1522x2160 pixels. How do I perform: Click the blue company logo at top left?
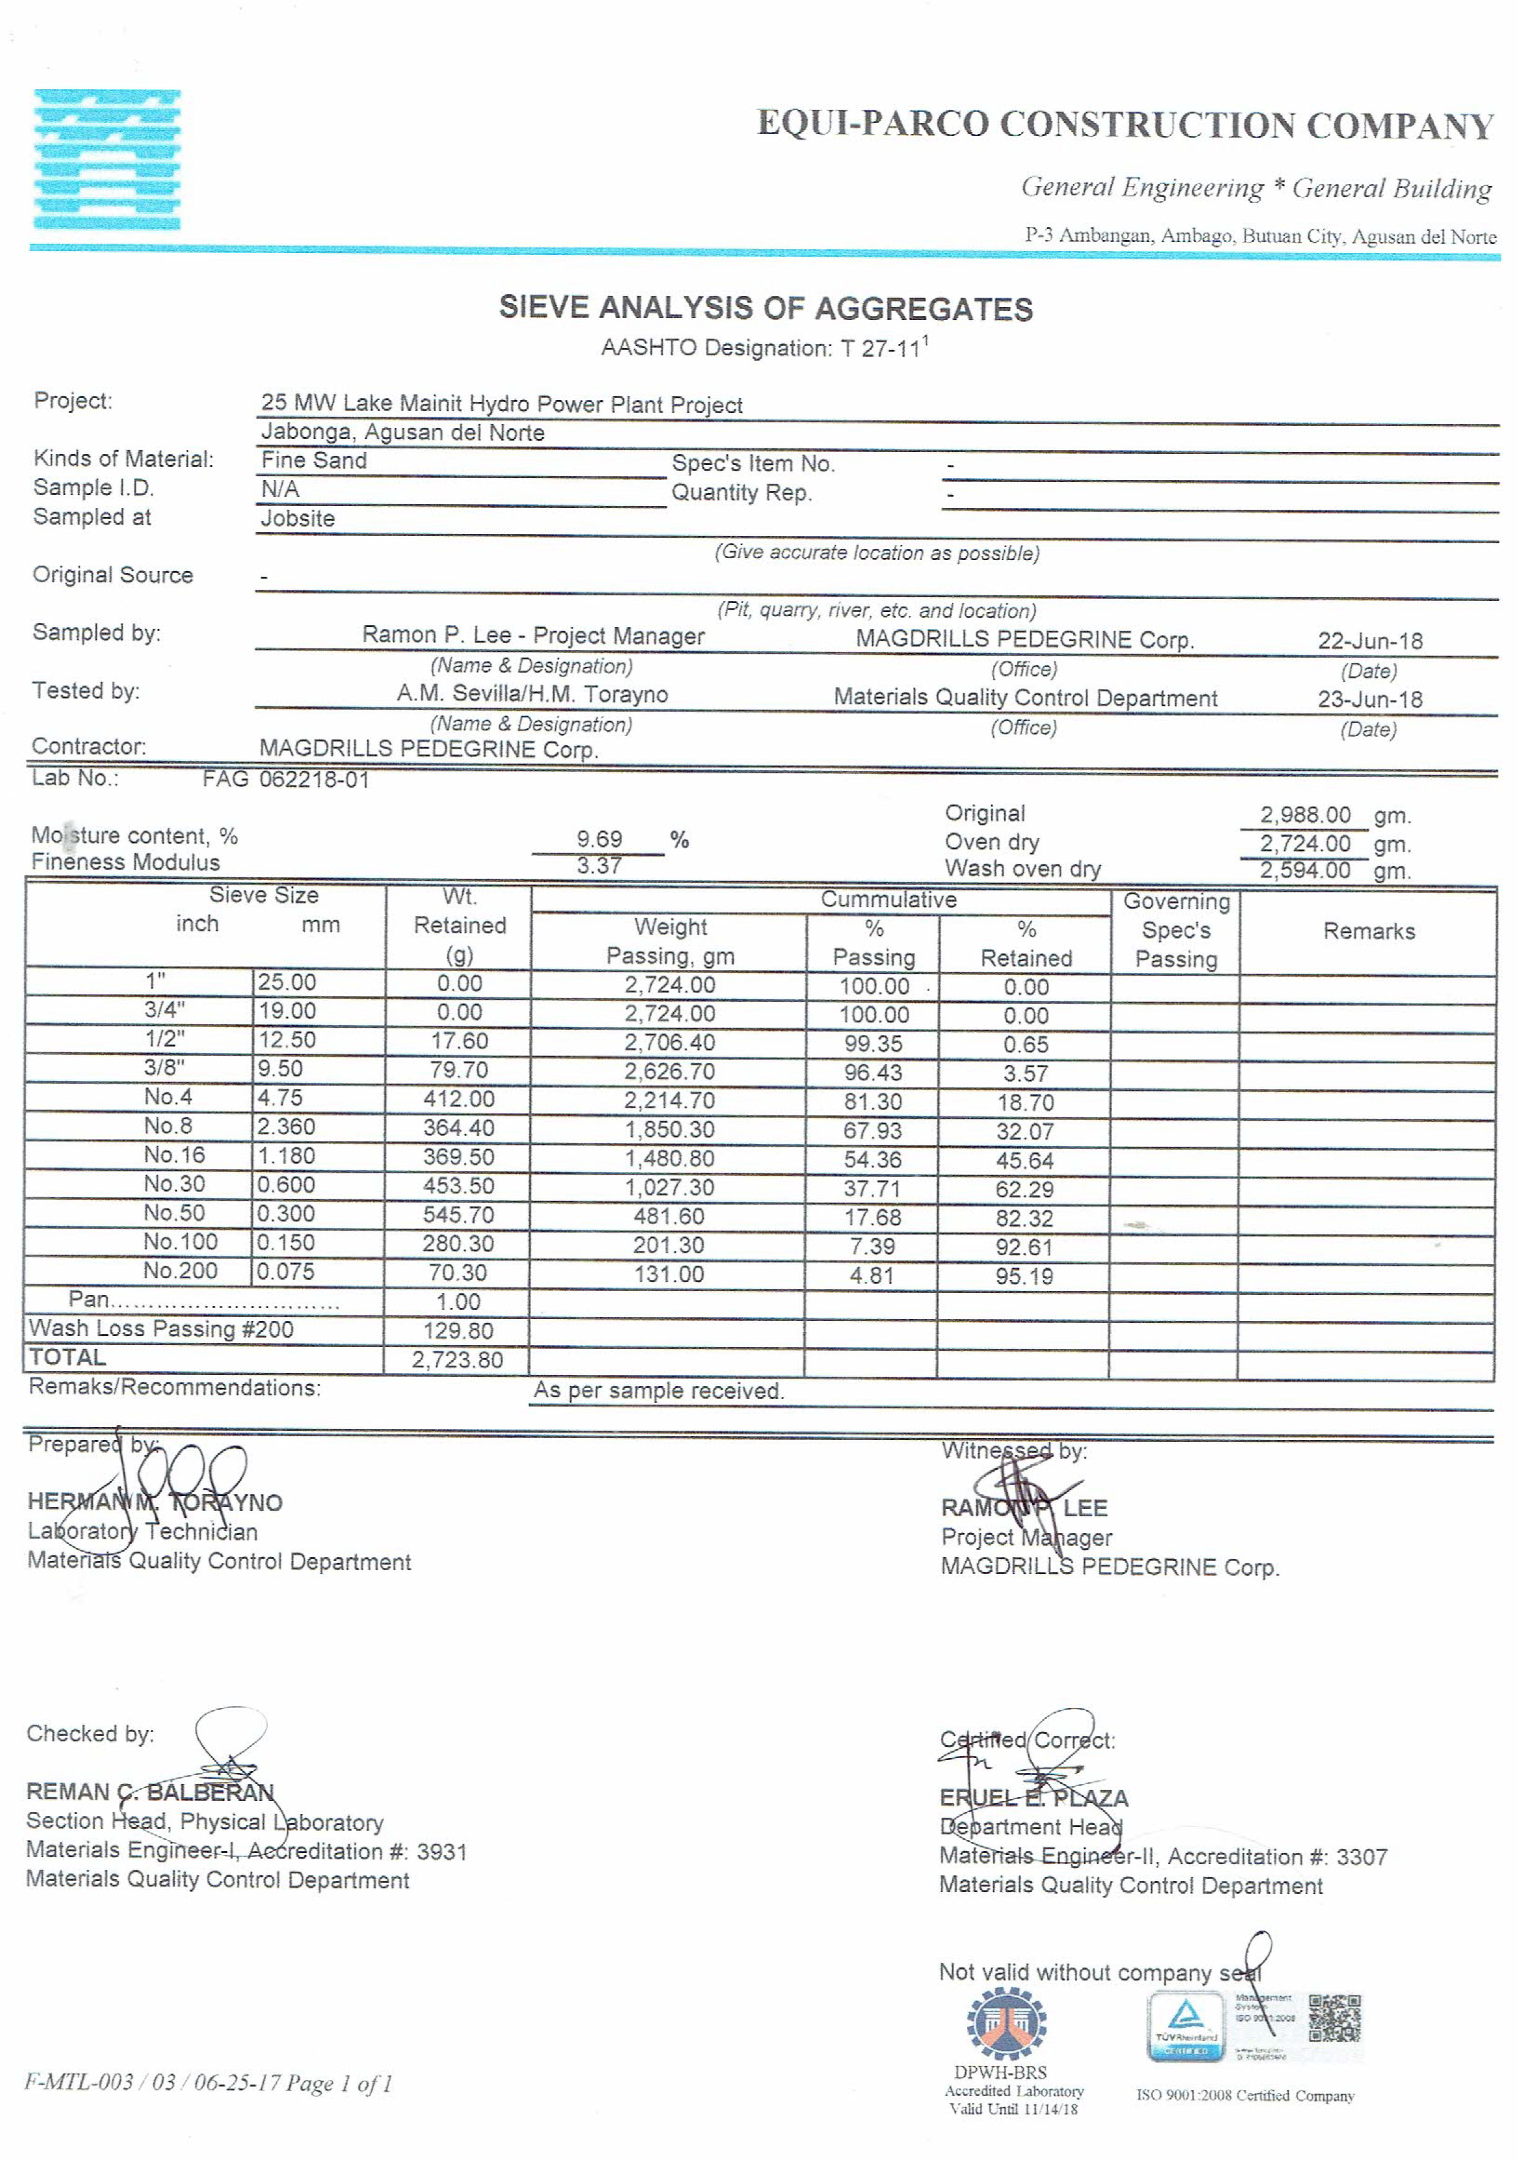[x=107, y=160]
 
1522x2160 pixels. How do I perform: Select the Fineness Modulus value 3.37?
[x=599, y=866]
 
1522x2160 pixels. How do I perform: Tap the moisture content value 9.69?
[x=599, y=838]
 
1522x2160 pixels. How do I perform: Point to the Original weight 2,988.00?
[x=1305, y=815]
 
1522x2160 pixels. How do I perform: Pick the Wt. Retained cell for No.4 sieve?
[x=458, y=1099]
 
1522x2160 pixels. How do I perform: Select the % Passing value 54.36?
[x=872, y=1159]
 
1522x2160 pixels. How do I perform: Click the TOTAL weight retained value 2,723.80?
[x=457, y=1359]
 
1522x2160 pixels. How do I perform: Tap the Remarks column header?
[x=1369, y=931]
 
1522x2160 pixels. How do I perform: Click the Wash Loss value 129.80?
[x=458, y=1330]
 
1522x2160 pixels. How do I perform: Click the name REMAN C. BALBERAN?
[x=151, y=1792]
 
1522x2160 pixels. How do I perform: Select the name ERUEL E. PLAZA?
[x=1034, y=1798]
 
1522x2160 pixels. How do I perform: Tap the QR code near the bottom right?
[x=1334, y=2018]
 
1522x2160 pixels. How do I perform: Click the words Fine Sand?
[x=314, y=460]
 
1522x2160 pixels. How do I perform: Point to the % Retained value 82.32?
[x=1025, y=1218]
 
